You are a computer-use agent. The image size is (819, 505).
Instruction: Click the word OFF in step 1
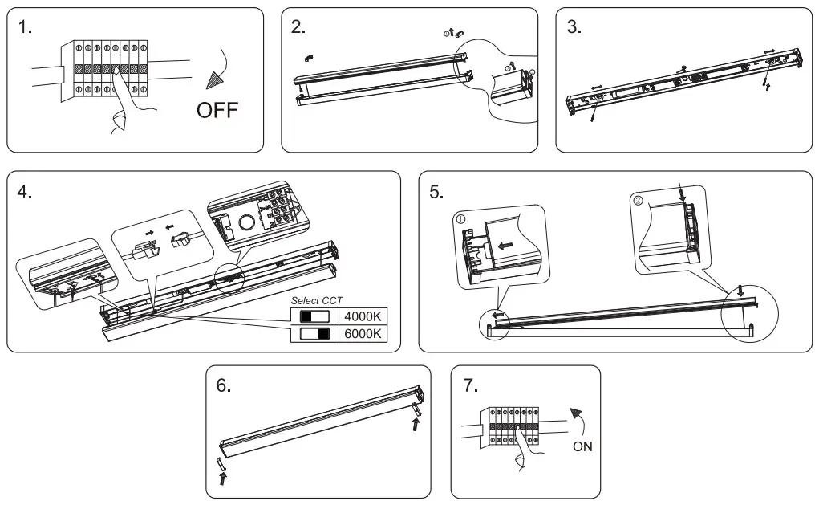(217, 110)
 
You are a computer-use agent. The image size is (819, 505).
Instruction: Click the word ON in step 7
(583, 446)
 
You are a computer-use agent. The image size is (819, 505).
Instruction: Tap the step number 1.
(26, 27)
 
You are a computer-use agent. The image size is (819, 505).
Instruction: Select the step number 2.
(299, 27)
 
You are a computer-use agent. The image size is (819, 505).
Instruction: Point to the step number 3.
(574, 27)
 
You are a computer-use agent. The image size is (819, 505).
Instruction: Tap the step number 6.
(225, 385)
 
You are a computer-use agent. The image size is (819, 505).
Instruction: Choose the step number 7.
(472, 385)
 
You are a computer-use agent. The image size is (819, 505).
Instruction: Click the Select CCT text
(316, 300)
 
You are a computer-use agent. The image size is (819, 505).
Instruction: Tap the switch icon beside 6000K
(315, 333)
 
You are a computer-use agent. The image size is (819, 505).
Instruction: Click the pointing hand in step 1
(124, 100)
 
